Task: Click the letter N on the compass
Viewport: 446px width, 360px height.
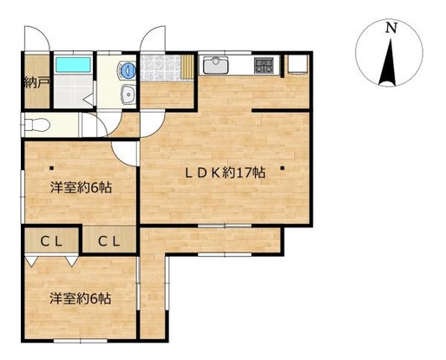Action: pyautogui.click(x=390, y=28)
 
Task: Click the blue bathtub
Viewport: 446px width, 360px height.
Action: pyautogui.click(x=73, y=64)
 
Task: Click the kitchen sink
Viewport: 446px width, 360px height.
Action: pyautogui.click(x=216, y=65)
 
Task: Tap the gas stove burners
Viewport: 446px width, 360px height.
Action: pyautogui.click(x=264, y=65)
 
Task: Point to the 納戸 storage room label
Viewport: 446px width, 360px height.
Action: pyautogui.click(x=36, y=83)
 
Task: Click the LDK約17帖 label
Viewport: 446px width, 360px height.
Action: pyautogui.click(x=225, y=173)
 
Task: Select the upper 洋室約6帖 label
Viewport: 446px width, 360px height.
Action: pyautogui.click(x=81, y=187)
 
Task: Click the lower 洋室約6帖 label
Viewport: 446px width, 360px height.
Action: pyautogui.click(x=80, y=298)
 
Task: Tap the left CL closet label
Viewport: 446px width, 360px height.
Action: pyautogui.click(x=51, y=241)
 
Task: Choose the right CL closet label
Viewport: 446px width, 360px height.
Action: pyautogui.click(x=109, y=241)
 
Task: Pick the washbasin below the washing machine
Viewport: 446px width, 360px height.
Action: pyautogui.click(x=128, y=95)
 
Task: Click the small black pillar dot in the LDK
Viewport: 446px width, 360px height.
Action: pyautogui.click(x=282, y=167)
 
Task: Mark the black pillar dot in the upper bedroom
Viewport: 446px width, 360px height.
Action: pyautogui.click(x=51, y=167)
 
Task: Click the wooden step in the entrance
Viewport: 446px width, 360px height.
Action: pyautogui.click(x=187, y=67)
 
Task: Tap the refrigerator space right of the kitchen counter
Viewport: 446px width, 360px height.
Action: pyautogui.click(x=297, y=65)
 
